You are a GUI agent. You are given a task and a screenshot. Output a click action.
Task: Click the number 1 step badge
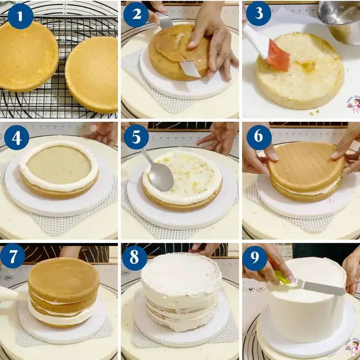coord(20,16)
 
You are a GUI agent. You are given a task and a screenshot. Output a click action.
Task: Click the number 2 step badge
coord(136,15)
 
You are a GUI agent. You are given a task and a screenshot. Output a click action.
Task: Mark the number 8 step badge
coord(135,258)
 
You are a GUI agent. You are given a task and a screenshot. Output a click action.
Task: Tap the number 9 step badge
coord(255,258)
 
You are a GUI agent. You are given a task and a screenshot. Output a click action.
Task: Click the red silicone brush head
coord(277,56)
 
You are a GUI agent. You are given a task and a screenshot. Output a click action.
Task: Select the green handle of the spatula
coord(283,278)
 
